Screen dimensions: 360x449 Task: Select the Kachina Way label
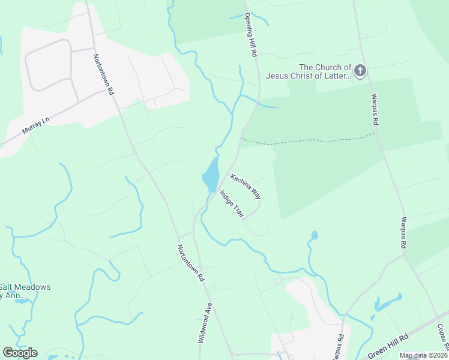pos(246,186)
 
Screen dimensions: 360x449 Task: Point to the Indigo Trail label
pos(232,204)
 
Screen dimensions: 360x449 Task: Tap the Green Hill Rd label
pos(388,346)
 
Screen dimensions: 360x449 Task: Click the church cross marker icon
pos(360,72)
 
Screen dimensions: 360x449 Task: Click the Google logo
pos(20,353)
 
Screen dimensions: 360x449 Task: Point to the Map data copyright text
pos(424,356)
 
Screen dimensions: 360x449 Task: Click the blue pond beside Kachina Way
pos(211,175)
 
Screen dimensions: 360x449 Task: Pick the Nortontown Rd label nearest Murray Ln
pos(103,75)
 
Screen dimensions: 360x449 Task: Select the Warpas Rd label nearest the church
pos(374,109)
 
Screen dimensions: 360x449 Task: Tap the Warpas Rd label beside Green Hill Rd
pos(339,346)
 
